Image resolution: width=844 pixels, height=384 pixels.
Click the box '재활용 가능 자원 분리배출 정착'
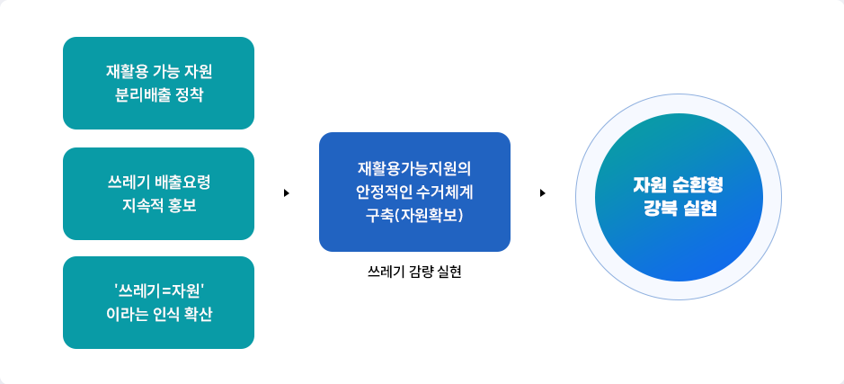158,83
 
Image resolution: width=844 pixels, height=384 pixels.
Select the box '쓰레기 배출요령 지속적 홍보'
158,193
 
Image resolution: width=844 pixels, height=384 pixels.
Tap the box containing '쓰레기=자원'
158,302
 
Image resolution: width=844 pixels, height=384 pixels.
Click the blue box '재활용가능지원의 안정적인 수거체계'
414,192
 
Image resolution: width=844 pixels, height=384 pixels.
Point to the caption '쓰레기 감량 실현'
414,271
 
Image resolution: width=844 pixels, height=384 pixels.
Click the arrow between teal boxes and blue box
286,192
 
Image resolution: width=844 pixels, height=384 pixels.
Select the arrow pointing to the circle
543,192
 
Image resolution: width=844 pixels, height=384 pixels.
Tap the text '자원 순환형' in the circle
677,185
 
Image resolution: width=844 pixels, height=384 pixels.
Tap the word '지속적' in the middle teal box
141,205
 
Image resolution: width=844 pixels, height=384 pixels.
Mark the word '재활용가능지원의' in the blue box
414,168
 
